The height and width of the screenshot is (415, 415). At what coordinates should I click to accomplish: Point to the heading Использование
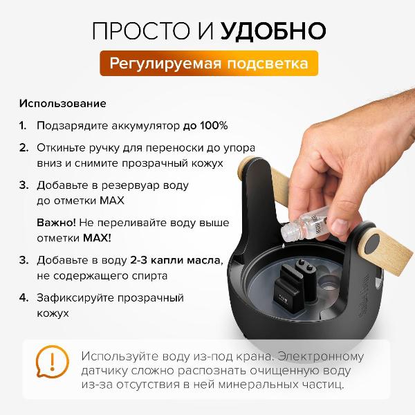62,104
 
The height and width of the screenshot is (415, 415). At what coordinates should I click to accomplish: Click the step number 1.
22,126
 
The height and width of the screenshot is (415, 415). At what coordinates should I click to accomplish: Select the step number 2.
23,147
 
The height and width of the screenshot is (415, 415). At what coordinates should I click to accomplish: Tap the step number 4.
23,298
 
